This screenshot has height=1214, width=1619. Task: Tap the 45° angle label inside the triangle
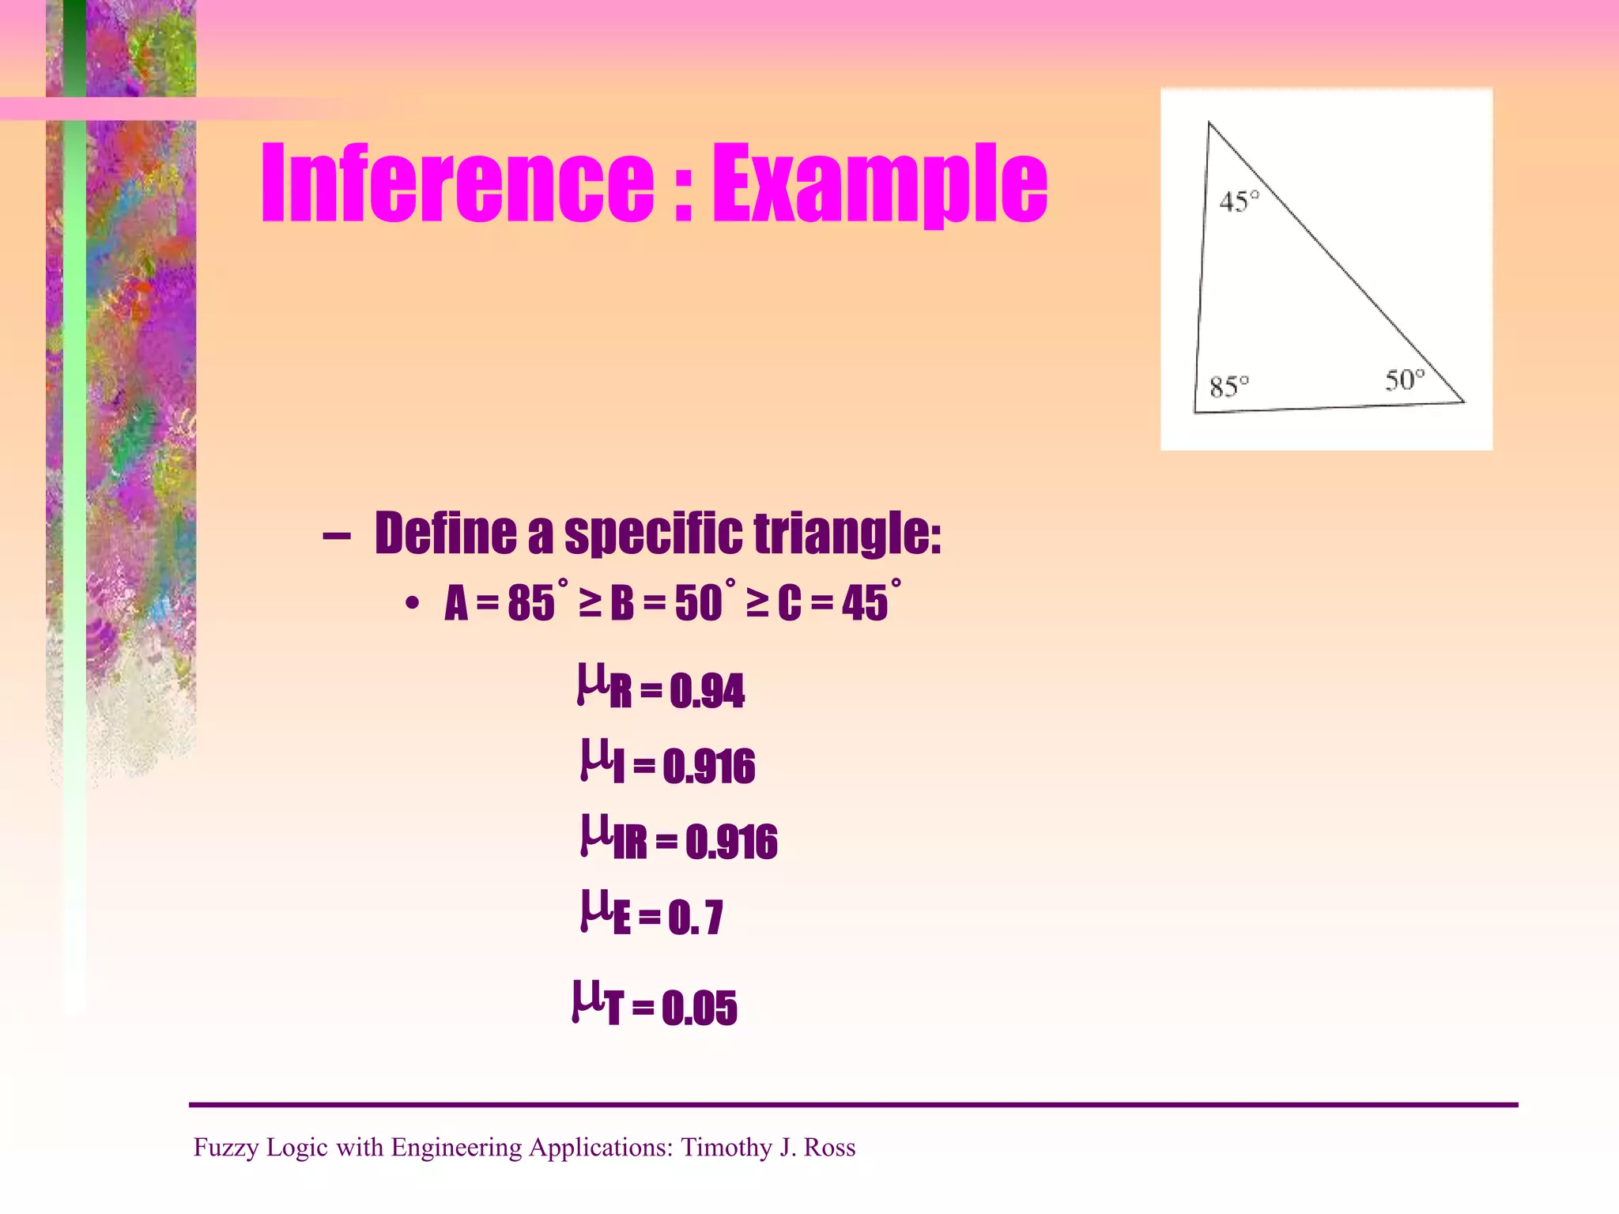[x=1238, y=202]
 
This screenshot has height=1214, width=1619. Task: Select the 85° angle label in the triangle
[x=1229, y=386]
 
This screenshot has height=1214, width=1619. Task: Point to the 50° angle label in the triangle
[x=1405, y=380]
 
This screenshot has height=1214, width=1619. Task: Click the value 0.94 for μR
[x=707, y=691]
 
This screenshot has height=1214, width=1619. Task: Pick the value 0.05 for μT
[x=699, y=1008]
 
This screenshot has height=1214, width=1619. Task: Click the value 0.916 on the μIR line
[x=731, y=842]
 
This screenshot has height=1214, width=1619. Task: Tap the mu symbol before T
[x=587, y=1001]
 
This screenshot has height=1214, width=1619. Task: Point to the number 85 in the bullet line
[x=530, y=604]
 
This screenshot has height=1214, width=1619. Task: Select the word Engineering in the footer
[x=456, y=1147]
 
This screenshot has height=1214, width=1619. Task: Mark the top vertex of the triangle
[x=1209, y=123]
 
